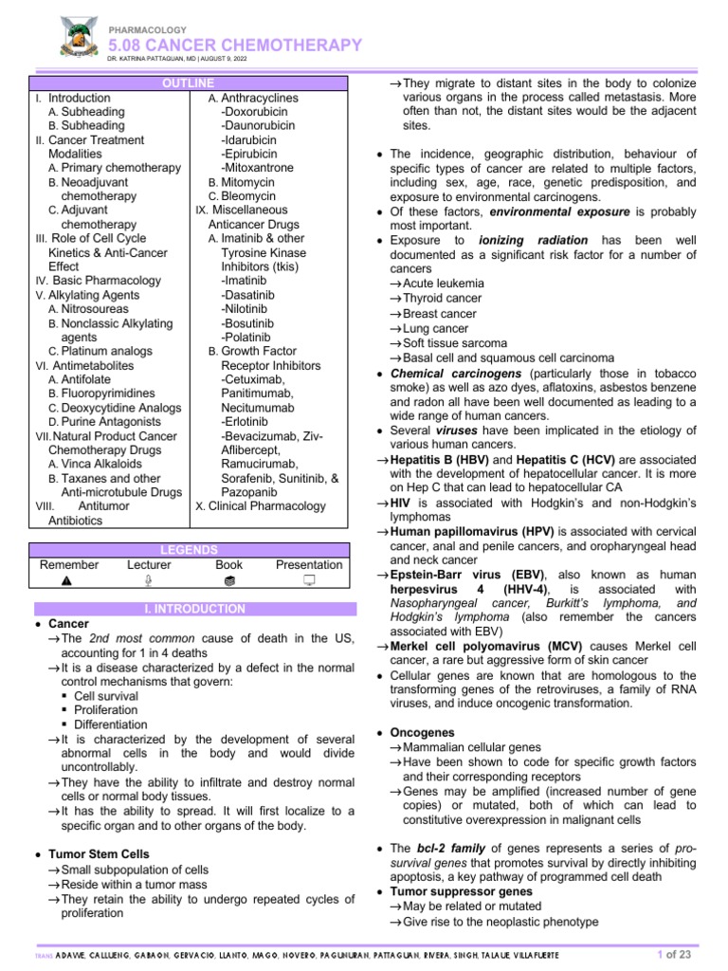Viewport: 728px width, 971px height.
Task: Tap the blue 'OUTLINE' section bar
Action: point(189,84)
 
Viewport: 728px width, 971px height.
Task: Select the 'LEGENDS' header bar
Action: point(189,550)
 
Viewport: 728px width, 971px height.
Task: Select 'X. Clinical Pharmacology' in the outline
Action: point(259,506)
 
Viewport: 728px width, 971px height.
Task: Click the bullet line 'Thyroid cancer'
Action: point(442,298)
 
